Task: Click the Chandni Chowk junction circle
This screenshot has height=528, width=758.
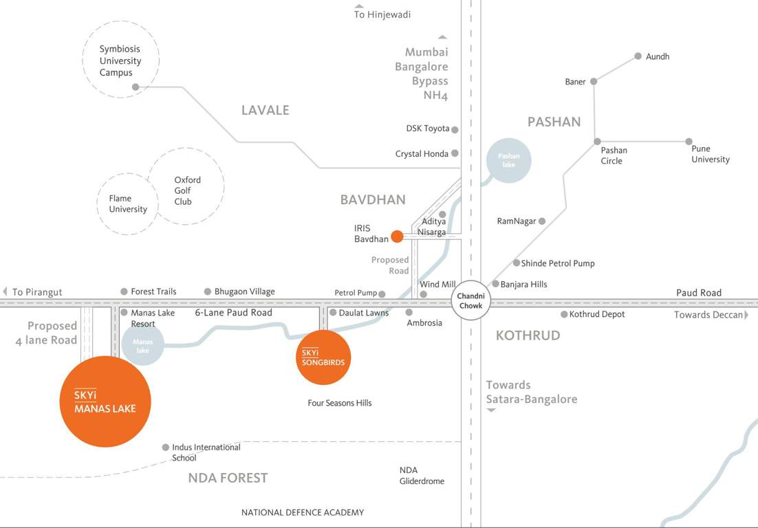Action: point(471,301)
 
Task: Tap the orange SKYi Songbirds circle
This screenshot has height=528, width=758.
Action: point(323,357)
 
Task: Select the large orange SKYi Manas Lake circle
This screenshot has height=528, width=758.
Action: point(106,401)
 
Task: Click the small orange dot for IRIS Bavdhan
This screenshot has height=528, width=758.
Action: point(397,236)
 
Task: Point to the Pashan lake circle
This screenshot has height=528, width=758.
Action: point(508,160)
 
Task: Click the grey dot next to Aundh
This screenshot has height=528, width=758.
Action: point(638,56)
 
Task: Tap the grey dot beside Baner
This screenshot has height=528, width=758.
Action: point(594,81)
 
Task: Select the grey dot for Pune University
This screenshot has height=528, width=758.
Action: point(689,142)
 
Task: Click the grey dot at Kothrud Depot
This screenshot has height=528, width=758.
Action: point(564,314)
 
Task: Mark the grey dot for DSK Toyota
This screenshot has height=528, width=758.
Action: point(455,129)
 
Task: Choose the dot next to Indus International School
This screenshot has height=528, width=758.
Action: point(166,448)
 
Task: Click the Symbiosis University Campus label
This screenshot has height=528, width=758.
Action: point(120,60)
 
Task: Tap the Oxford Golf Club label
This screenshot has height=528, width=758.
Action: point(187,191)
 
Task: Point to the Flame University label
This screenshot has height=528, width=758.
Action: point(128,203)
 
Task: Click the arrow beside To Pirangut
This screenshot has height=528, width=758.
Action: point(6,291)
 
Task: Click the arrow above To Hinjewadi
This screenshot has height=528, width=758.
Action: point(359,6)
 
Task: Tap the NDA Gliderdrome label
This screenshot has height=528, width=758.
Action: point(422,476)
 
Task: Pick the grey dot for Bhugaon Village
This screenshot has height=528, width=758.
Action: point(208,291)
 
